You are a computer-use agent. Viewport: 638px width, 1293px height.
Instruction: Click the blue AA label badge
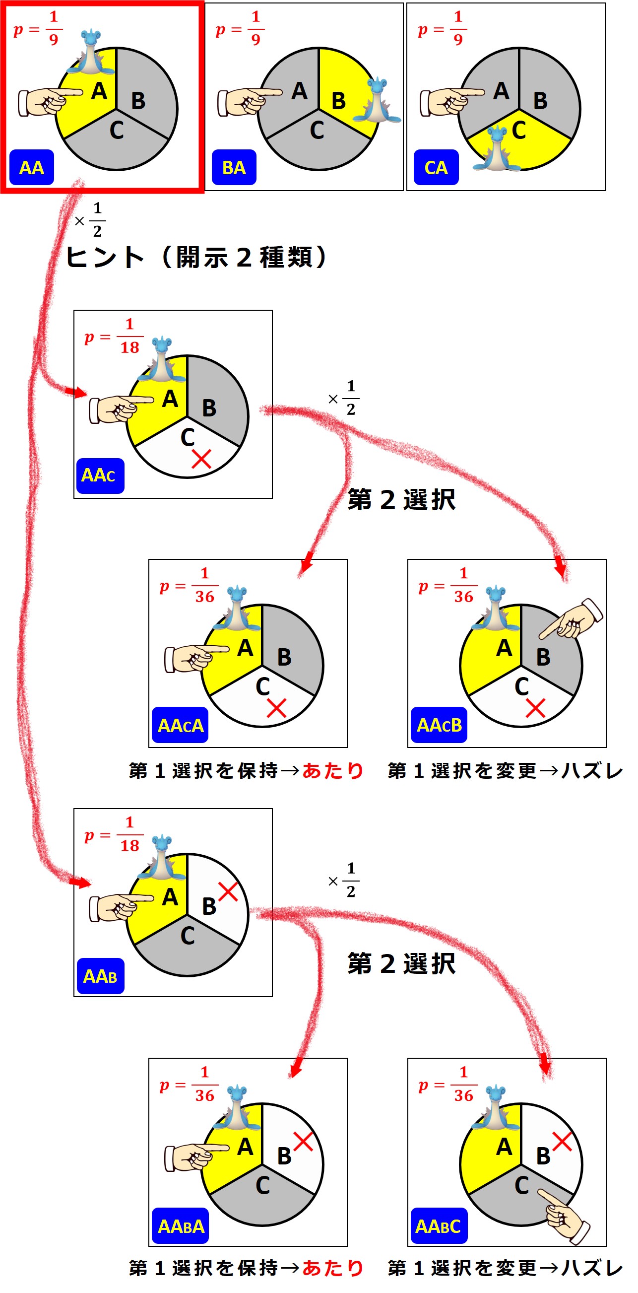[x=32, y=167]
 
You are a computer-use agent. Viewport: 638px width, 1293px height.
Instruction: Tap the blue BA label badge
[x=234, y=167]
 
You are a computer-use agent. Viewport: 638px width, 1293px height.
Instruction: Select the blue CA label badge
[x=436, y=167]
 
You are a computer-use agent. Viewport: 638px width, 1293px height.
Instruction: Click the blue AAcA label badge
[x=180, y=725]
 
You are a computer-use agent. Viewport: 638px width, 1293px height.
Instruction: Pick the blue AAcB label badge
[x=439, y=725]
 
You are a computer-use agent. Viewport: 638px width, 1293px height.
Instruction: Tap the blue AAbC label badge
[x=439, y=1225]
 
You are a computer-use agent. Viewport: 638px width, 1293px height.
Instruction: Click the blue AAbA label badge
[x=180, y=1225]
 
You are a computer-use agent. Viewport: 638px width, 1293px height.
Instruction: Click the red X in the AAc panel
[x=201, y=459]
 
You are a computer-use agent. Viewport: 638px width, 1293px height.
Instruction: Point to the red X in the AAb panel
[x=228, y=891]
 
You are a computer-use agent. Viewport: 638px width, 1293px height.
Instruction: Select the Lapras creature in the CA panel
[x=496, y=149]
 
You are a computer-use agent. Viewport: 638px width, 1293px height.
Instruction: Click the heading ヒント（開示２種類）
[x=195, y=257]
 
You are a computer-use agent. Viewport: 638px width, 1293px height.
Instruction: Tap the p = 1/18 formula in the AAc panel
[x=115, y=336]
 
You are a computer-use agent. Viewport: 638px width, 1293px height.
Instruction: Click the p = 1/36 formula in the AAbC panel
[x=446, y=1084]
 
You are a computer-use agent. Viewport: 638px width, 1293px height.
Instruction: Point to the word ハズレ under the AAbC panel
[x=592, y=1267]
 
